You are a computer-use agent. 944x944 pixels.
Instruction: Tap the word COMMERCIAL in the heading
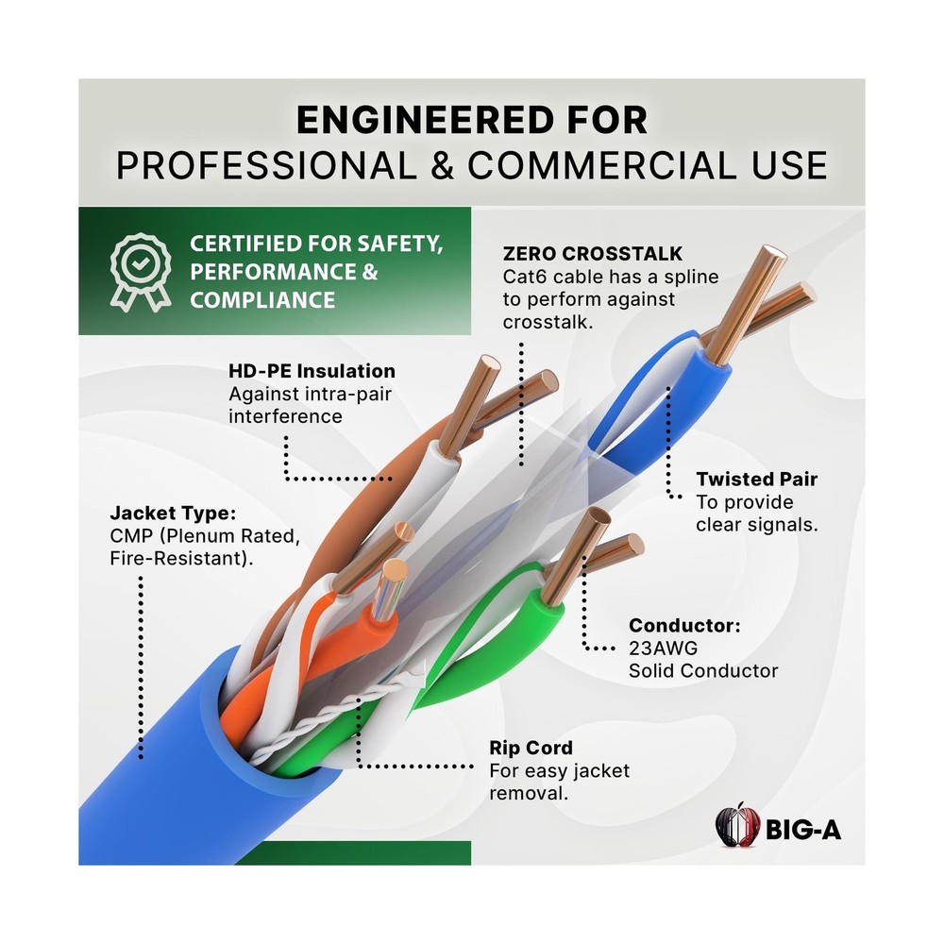pyautogui.click(x=601, y=165)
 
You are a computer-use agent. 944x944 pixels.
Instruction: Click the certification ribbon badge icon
pyautogui.click(x=141, y=272)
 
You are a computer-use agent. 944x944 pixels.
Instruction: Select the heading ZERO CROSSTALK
pyautogui.click(x=593, y=253)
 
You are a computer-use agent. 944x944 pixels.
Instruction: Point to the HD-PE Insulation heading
pyautogui.click(x=312, y=371)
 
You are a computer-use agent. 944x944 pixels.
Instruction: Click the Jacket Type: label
pyautogui.click(x=173, y=513)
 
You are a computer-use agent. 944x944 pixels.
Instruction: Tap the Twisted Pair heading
pyautogui.click(x=757, y=480)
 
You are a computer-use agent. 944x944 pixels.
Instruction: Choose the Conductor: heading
pyautogui.click(x=684, y=626)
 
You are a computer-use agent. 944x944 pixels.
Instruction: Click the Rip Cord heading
pyautogui.click(x=531, y=748)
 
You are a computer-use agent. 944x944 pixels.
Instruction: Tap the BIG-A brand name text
pyautogui.click(x=803, y=830)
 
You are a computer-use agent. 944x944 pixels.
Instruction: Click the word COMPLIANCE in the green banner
pyautogui.click(x=262, y=300)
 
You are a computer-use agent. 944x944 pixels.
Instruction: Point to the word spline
pyautogui.click(x=688, y=278)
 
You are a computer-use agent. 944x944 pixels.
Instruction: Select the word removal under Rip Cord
pyautogui.click(x=528, y=794)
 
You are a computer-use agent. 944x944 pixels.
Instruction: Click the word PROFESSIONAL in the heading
pyautogui.click(x=266, y=165)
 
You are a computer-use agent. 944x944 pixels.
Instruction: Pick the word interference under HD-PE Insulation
pyautogui.click(x=285, y=416)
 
